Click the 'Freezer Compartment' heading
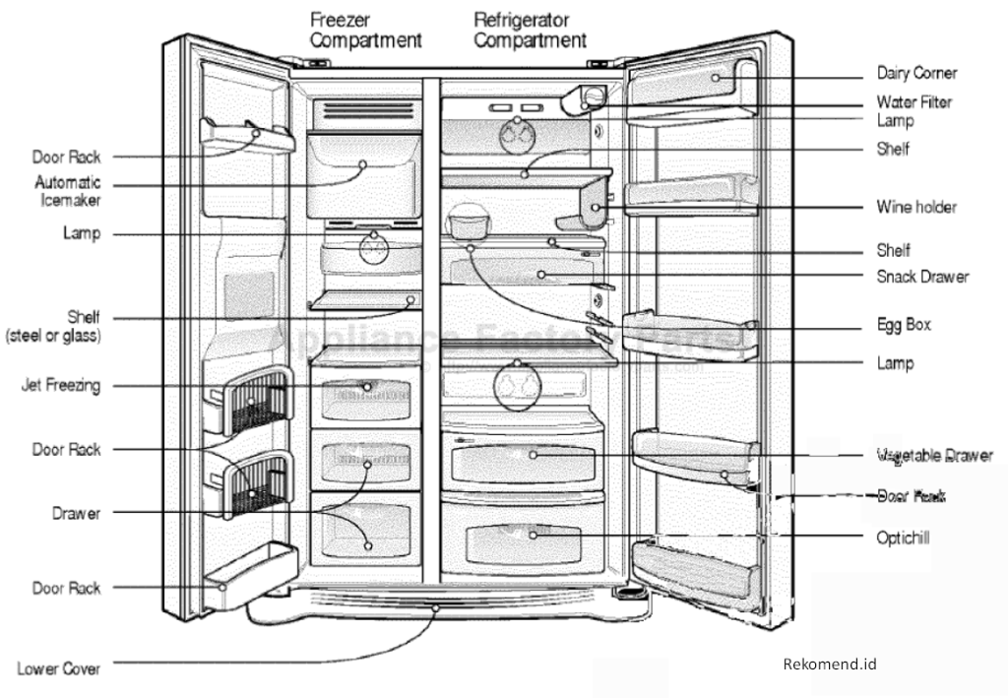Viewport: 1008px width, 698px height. pos(365,30)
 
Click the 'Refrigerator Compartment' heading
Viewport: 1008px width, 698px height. pos(530,30)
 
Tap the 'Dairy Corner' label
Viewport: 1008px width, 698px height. pos(916,73)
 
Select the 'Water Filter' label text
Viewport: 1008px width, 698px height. pos(914,102)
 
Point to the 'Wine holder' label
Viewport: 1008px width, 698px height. pos(916,208)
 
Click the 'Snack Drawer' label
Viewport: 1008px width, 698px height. pos(922,277)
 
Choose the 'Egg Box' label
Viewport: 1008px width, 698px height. pos(904,324)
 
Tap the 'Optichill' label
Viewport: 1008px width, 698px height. pos(903,538)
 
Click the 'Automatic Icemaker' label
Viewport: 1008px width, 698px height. pos(68,191)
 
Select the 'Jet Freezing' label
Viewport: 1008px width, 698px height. pos(61,386)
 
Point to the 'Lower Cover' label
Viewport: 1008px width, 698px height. pos(59,668)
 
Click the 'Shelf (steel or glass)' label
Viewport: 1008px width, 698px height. pos(56,327)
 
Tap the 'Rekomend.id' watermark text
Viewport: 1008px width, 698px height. pos(829,664)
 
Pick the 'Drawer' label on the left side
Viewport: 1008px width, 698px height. pos(77,513)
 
